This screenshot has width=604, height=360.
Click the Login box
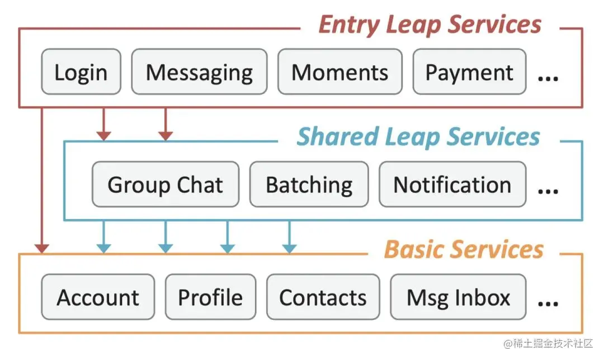click(81, 72)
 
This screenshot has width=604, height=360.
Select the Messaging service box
click(199, 72)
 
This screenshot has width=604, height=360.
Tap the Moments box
click(340, 72)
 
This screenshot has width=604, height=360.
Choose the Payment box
click(469, 72)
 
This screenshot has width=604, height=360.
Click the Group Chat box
click(165, 184)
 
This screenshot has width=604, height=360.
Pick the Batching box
click(309, 184)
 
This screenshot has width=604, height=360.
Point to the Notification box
click(452, 184)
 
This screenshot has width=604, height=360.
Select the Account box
click(98, 297)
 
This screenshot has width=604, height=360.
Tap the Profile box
click(210, 297)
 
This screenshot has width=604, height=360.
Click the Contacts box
click(323, 297)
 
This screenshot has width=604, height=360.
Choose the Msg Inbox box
click(458, 297)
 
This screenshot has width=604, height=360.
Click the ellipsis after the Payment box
click(548, 79)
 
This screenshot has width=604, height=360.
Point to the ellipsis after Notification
click(548, 191)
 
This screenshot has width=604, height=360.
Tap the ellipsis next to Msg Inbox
click(548, 304)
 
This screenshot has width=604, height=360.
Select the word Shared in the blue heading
click(337, 137)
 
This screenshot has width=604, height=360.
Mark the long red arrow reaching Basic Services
click(41, 180)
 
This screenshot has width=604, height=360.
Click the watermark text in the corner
click(548, 343)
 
